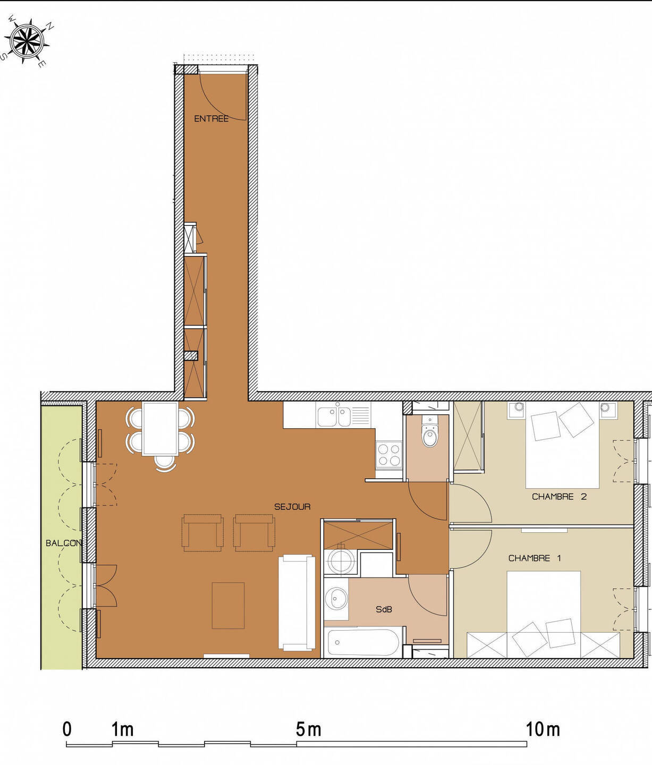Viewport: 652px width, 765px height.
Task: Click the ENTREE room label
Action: [x=211, y=119]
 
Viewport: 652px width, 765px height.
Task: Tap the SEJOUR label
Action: [x=292, y=507]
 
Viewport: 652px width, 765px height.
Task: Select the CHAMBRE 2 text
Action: [x=559, y=497]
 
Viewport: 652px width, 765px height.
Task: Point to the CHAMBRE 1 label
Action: [x=534, y=558]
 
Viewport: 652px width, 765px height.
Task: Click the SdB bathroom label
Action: [x=384, y=609]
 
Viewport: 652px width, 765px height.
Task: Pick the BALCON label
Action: [x=63, y=543]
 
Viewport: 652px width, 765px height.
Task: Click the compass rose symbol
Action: [x=27, y=40]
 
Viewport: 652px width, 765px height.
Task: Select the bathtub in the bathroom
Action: [x=363, y=643]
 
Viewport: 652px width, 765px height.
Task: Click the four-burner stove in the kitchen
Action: [x=389, y=455]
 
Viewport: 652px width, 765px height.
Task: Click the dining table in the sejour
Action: [x=160, y=429]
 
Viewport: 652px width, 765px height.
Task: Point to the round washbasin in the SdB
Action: [x=336, y=597]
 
